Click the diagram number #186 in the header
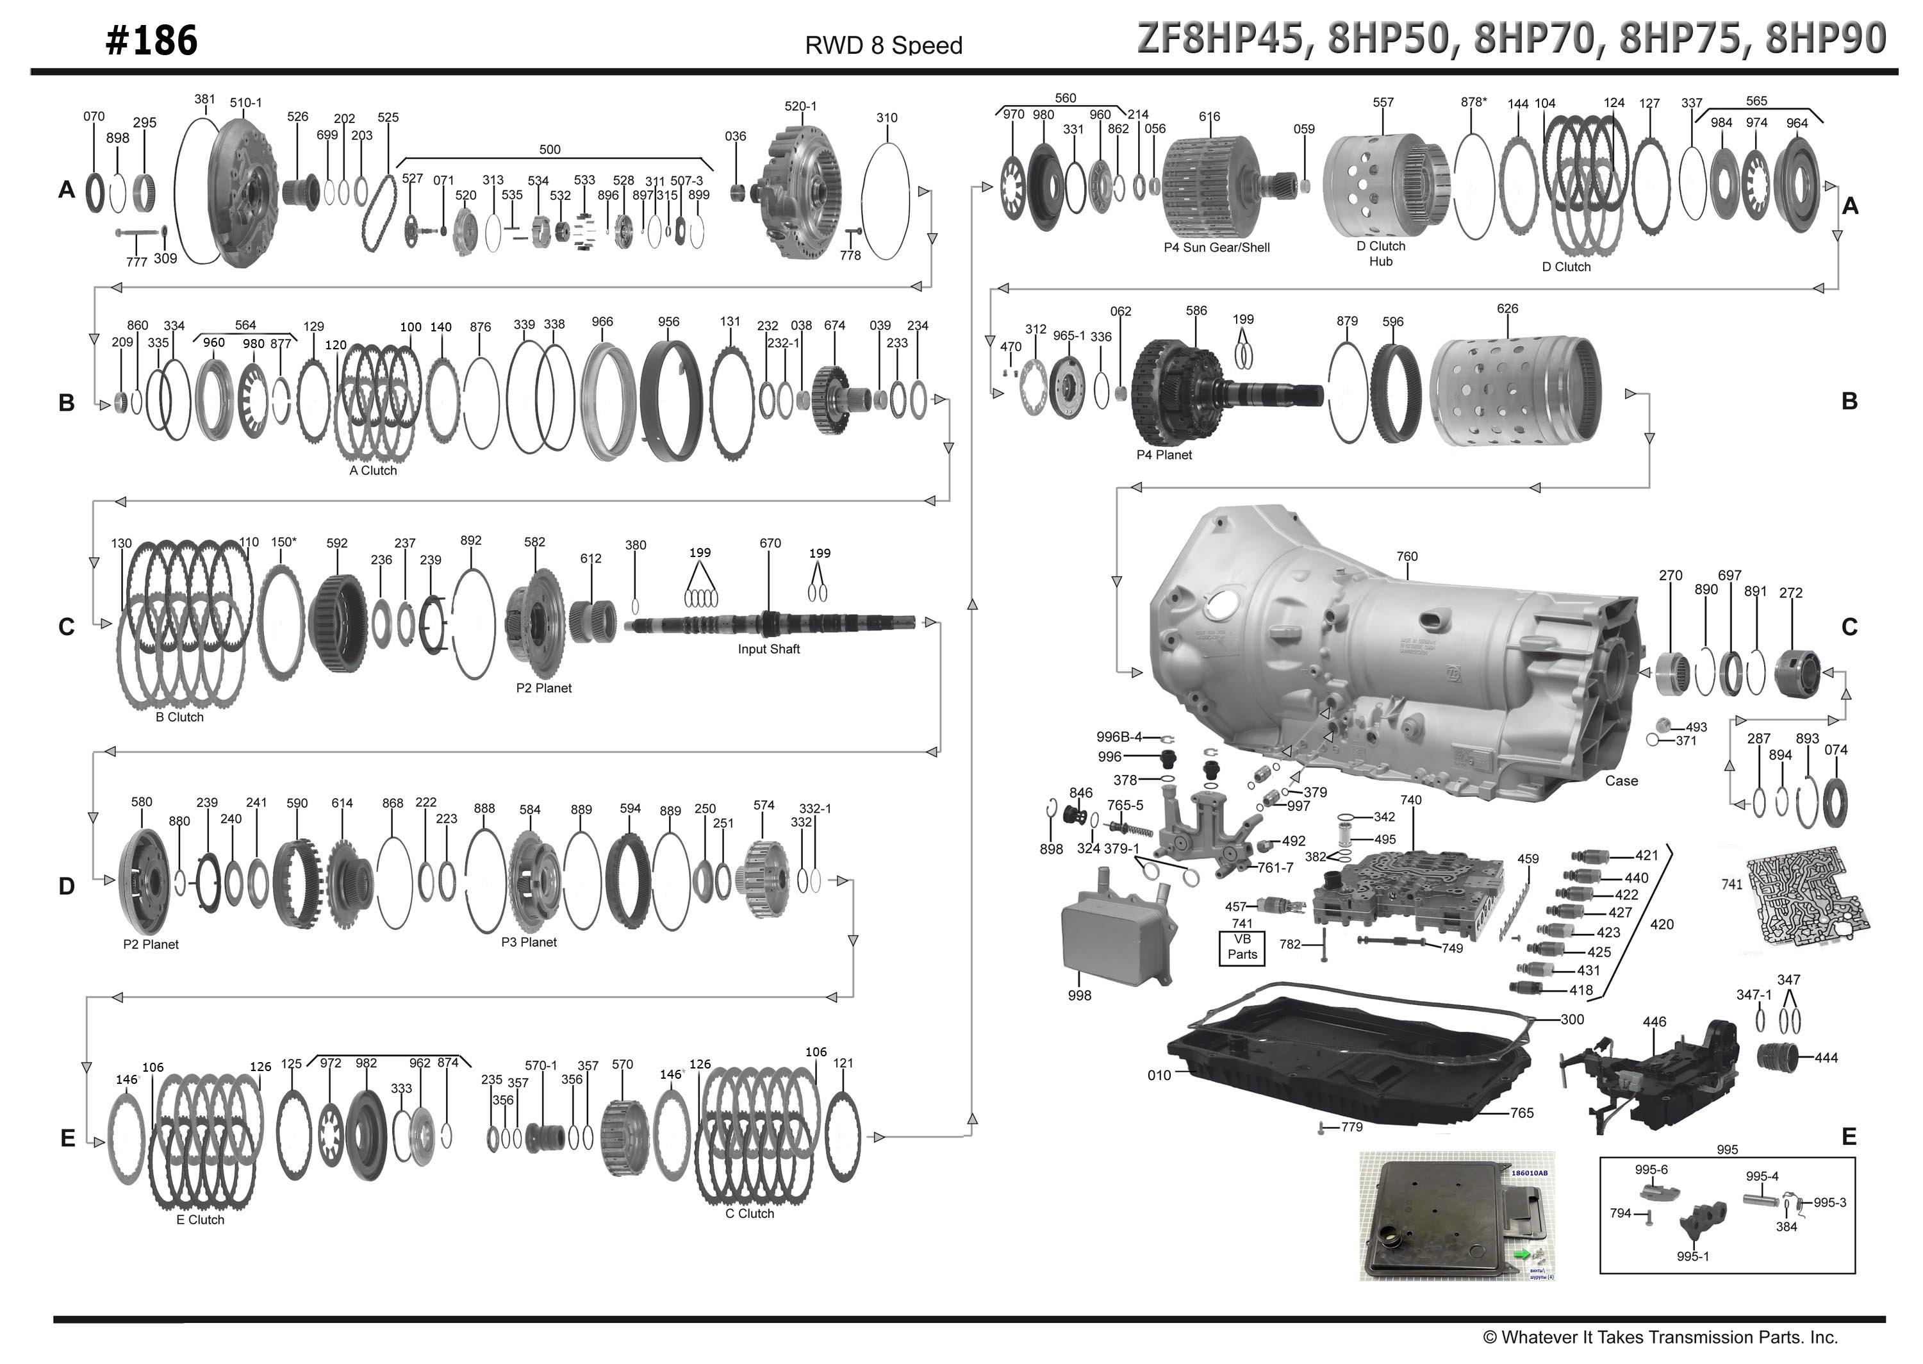151,40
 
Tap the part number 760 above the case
1407,556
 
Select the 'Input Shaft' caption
768,649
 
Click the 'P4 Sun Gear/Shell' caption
1216,248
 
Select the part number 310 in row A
887,117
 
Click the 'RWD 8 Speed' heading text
884,46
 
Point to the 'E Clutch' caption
200,1220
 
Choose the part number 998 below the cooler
1079,995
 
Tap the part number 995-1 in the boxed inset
1692,1256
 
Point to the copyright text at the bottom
1660,1336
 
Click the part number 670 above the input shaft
770,544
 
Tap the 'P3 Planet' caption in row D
529,942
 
